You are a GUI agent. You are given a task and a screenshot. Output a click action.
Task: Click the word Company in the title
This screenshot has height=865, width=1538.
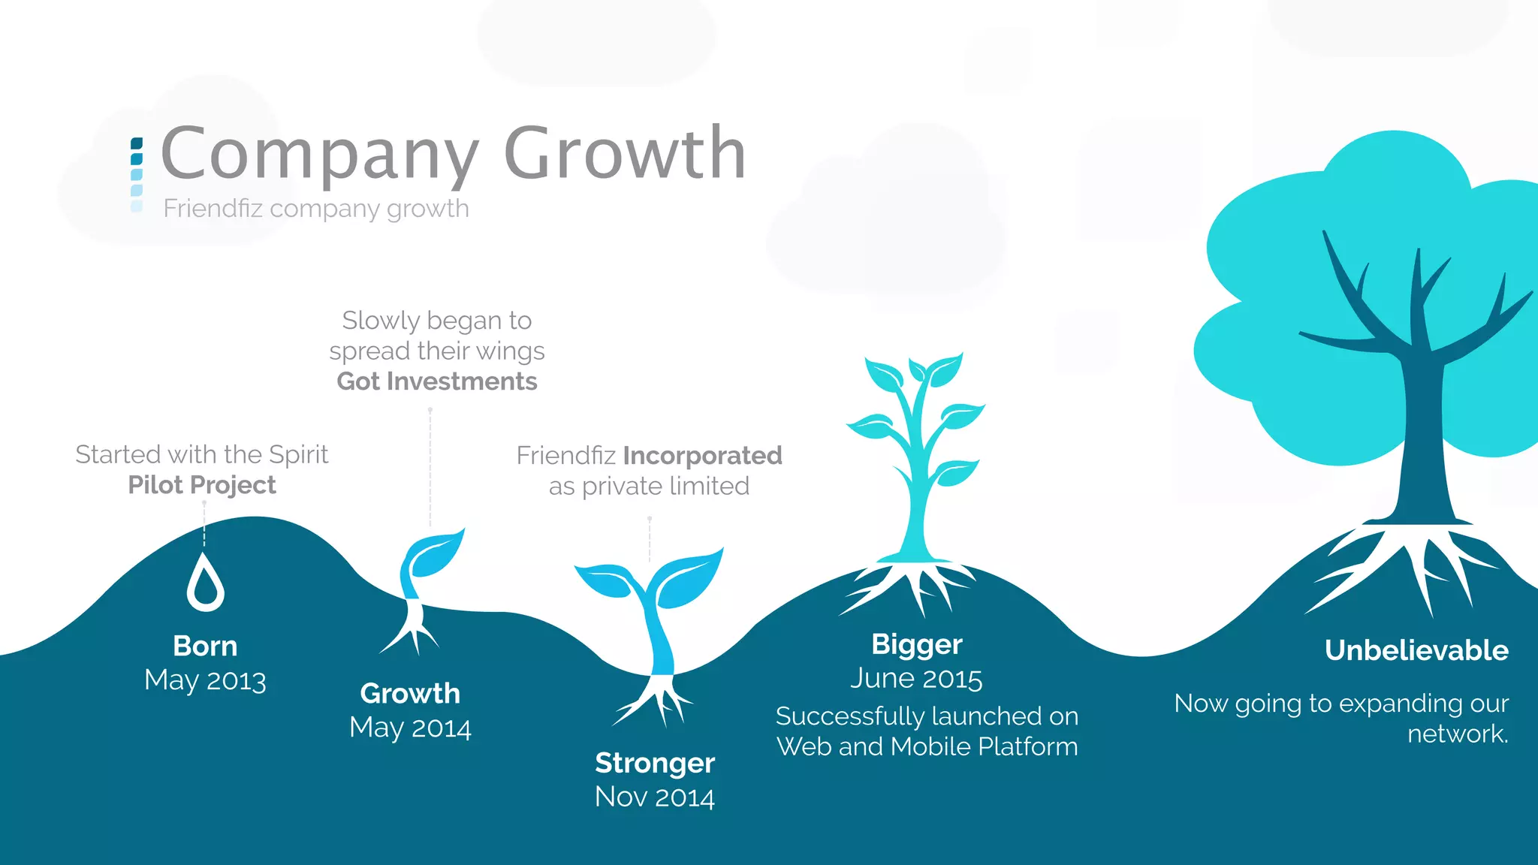click(x=319, y=154)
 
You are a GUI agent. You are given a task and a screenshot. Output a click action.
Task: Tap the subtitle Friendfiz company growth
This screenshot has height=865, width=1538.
click(x=316, y=208)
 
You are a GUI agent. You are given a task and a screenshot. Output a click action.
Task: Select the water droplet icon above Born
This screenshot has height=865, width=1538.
click(x=205, y=583)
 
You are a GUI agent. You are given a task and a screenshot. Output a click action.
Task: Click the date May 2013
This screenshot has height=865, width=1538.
click(x=205, y=680)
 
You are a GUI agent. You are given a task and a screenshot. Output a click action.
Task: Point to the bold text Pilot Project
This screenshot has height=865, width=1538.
click(x=202, y=485)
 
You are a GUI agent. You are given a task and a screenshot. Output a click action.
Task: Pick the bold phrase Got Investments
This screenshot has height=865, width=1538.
click(x=437, y=381)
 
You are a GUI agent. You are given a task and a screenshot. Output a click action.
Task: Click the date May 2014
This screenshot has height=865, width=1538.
click(x=410, y=728)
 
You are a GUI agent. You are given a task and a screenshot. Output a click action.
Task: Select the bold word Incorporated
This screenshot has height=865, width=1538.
click(x=702, y=456)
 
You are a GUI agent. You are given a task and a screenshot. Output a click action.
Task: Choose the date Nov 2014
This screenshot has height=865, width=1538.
click(x=654, y=797)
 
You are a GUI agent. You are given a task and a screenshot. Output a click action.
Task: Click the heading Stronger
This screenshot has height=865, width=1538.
click(x=654, y=763)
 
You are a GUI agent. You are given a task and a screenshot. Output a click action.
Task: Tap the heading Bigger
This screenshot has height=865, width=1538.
click(x=916, y=644)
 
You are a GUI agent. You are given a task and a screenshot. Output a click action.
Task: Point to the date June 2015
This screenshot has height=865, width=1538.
click(x=916, y=679)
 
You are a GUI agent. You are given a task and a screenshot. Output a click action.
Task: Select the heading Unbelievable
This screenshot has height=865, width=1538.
click(x=1416, y=650)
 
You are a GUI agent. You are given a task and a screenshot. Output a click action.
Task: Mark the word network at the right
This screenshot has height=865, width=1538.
click(x=1457, y=734)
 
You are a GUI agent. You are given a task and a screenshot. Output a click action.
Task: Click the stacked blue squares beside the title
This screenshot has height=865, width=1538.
click(x=137, y=174)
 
